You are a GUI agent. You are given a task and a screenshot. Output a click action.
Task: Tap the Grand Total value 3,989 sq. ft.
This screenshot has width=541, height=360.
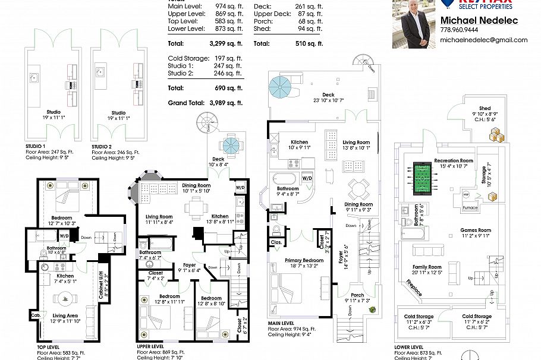226,103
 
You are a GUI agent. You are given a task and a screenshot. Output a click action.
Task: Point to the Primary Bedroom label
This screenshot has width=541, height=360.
303,260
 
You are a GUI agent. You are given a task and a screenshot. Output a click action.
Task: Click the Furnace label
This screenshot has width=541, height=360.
470,208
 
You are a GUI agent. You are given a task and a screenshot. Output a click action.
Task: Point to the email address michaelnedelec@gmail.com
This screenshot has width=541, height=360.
483,40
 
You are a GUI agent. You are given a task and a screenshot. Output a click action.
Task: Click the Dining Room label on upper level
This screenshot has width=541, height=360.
196,185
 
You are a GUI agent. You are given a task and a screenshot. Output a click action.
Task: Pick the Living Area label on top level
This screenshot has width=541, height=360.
65,315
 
